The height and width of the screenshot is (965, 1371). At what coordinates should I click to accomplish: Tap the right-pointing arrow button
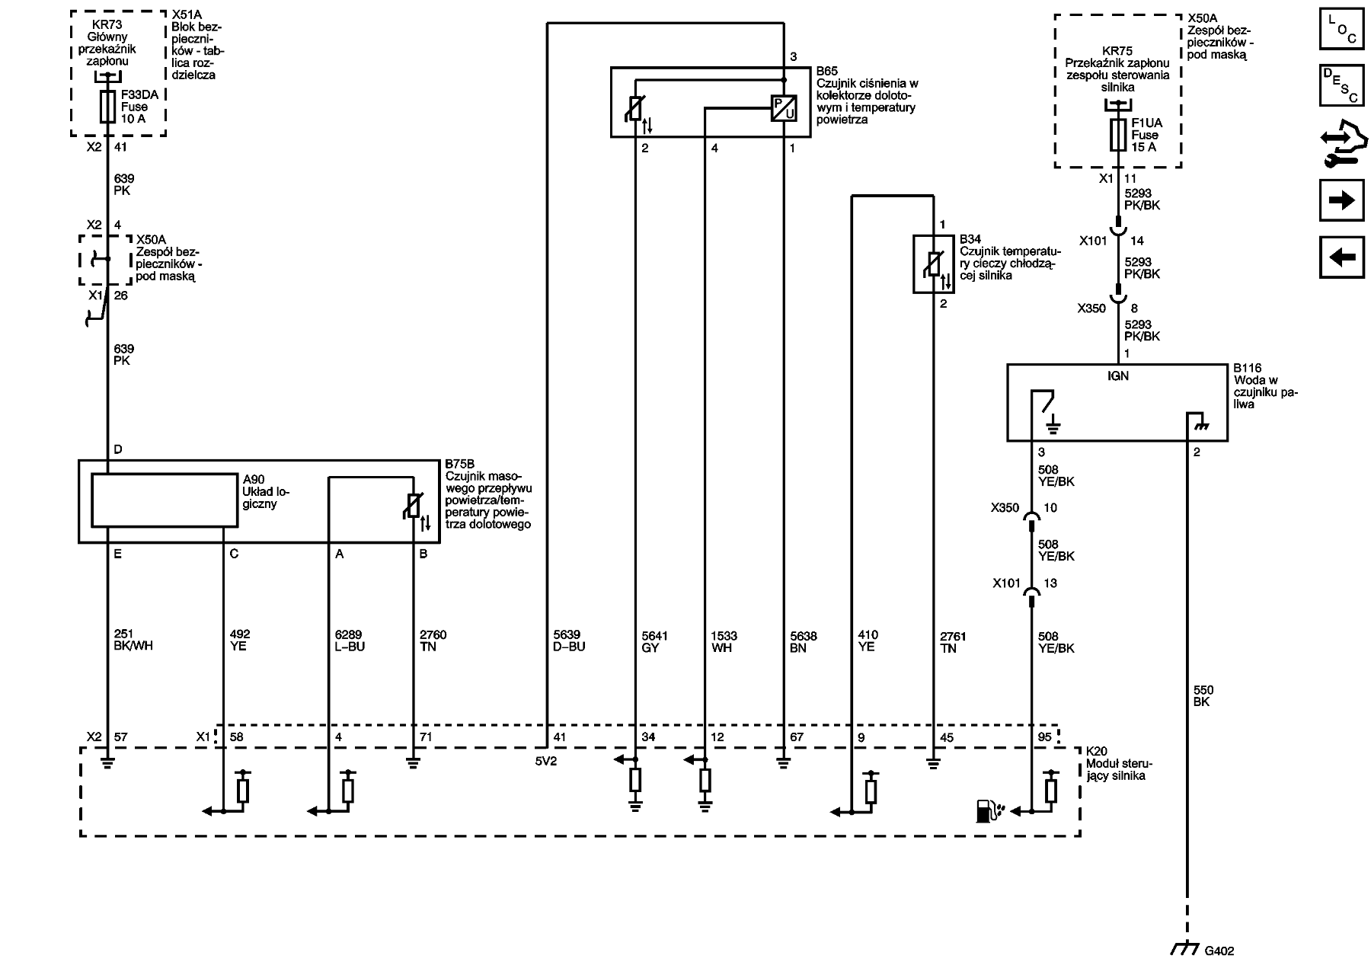click(x=1341, y=200)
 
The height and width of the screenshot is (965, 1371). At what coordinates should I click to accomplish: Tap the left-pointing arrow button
click(x=1341, y=257)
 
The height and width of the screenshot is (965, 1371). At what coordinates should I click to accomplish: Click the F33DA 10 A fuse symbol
click(x=108, y=107)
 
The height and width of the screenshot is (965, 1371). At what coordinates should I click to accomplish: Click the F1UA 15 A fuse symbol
click(x=1118, y=135)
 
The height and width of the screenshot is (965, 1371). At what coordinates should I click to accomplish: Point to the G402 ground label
click(x=1219, y=951)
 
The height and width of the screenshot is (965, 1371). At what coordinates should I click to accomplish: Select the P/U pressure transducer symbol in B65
click(x=784, y=109)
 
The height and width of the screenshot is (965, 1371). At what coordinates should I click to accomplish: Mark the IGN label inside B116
click(x=1117, y=375)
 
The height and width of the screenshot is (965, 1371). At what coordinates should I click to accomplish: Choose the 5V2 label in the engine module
click(x=546, y=761)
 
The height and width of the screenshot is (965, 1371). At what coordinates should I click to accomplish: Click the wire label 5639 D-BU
click(x=569, y=641)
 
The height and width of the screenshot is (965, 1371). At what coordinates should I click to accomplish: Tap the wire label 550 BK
click(x=1201, y=695)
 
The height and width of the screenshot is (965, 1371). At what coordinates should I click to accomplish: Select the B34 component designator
click(x=970, y=239)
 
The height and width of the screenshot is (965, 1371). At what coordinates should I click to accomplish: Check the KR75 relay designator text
click(x=1117, y=53)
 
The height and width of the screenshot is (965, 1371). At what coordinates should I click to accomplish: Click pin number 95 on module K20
click(x=1044, y=737)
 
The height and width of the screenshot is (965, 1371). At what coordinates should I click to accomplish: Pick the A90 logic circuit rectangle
click(x=165, y=500)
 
